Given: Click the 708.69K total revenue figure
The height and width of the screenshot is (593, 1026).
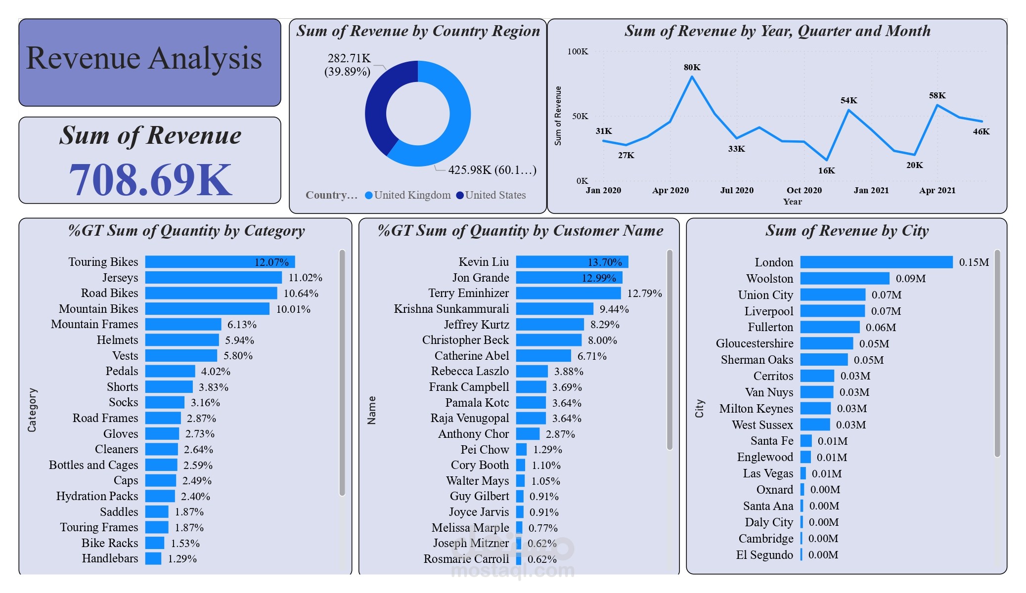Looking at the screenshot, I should click(150, 180).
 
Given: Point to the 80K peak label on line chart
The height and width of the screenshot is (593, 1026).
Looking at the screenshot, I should click(692, 67).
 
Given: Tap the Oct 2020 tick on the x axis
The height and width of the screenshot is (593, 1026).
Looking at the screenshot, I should click(804, 190).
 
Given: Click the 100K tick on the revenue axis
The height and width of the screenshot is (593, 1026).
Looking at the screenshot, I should click(578, 51).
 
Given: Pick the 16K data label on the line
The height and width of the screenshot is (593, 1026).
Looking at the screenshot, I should click(826, 170).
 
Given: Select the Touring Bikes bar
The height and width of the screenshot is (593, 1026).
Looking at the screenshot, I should click(220, 262).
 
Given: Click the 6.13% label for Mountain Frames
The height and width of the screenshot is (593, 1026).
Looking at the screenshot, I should click(242, 325).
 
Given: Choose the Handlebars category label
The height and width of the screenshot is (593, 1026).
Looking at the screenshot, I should click(110, 558).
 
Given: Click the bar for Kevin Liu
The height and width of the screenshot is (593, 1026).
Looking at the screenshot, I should click(572, 262).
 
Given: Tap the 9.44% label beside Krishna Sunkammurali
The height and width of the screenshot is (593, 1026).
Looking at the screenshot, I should click(614, 309).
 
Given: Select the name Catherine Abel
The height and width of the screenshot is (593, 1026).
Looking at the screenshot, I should click(471, 356).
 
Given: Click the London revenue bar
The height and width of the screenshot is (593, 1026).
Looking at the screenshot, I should click(876, 262).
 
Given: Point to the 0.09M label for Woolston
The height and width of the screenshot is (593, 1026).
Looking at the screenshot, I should click(910, 279).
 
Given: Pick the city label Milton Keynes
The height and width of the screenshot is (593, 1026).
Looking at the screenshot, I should click(756, 409).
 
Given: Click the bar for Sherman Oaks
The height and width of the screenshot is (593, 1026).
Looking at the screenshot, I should click(824, 360).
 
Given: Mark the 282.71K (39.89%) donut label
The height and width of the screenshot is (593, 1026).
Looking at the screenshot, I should click(348, 65).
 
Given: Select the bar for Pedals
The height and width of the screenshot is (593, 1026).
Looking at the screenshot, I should click(170, 371).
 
